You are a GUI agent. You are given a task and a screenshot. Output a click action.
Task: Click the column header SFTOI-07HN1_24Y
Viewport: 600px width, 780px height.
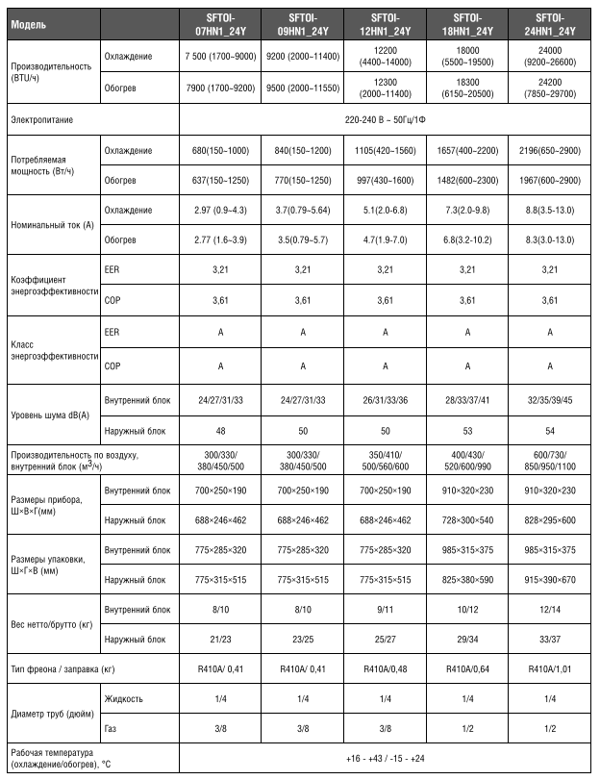coord(220,24)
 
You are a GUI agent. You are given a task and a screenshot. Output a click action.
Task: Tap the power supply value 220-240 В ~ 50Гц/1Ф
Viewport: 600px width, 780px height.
coord(386,120)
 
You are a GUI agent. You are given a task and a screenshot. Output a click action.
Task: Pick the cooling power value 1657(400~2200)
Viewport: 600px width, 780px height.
coord(468,151)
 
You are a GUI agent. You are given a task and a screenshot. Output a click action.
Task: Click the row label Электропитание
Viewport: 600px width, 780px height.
coord(42,120)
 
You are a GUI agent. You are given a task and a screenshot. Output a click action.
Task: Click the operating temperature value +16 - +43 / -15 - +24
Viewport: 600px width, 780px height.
coord(386,759)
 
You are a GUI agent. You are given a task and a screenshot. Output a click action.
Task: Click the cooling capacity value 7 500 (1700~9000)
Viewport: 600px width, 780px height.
coord(220,57)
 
